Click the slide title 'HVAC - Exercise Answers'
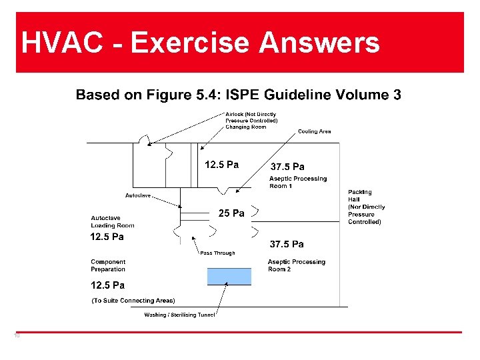point(200,43)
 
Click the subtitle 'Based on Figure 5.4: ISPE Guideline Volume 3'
point(238,95)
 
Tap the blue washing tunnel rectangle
point(229,276)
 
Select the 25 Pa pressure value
point(231,214)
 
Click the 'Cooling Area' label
point(314,131)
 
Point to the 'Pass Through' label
point(217,253)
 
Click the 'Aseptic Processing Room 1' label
point(298,182)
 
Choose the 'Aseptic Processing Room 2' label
point(297,265)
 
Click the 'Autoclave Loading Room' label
point(113,222)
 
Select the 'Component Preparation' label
point(108,265)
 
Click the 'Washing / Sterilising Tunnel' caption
point(179,315)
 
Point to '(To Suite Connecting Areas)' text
point(133,301)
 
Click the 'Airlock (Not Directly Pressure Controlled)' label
point(251,117)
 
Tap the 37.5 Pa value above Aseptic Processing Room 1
point(287,167)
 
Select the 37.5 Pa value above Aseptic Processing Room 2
point(287,244)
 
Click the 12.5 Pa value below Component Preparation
point(107,285)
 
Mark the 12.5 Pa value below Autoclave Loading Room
point(107,237)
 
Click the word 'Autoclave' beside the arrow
point(138,195)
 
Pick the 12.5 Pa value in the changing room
point(221,165)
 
